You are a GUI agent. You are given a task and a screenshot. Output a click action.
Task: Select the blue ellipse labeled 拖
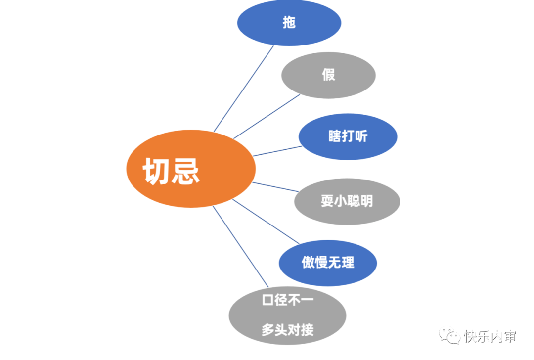tap(289, 23)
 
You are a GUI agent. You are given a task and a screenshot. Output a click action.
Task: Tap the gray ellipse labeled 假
tap(328, 75)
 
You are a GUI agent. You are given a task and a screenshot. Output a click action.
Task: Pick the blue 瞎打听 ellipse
tap(348, 137)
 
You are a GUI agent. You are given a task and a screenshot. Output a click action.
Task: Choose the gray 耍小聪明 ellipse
tap(347, 201)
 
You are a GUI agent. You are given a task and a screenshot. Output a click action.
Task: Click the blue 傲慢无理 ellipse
tap(328, 263)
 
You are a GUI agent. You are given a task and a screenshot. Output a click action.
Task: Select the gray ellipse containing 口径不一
tap(287, 315)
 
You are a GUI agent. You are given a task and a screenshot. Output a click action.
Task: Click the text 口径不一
tap(287, 300)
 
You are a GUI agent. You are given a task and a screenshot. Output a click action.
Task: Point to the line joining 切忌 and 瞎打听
tap(277, 151)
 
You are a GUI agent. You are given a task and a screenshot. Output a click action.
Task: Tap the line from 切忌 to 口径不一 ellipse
tap(241, 247)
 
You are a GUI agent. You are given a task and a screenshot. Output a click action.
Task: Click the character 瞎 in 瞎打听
tap(335, 137)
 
